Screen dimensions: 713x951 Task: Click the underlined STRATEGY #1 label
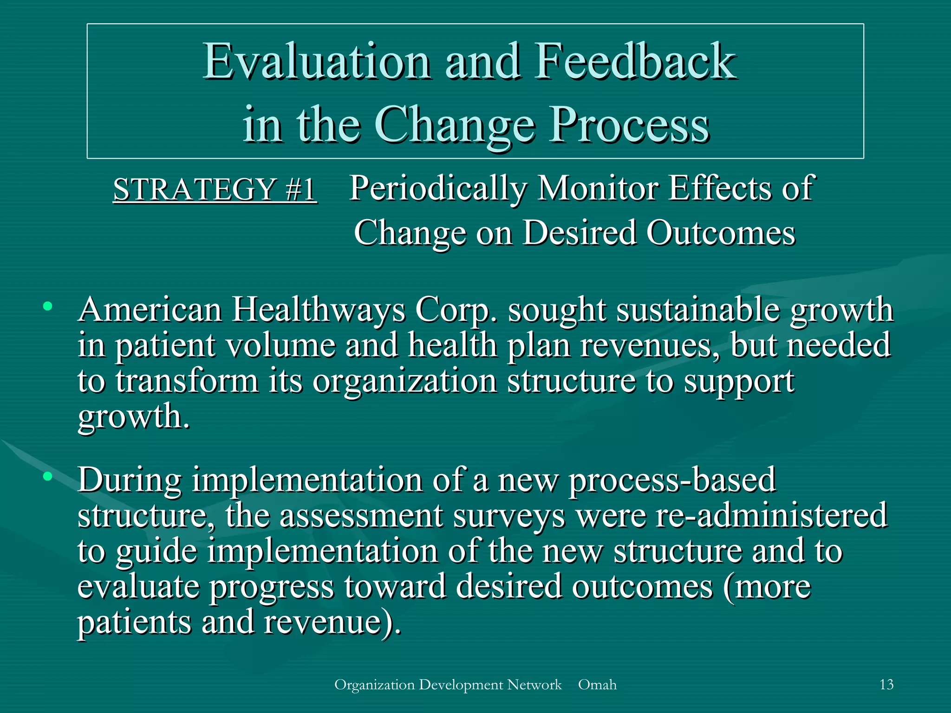click(x=215, y=189)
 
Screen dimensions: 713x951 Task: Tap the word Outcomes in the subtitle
click(x=721, y=232)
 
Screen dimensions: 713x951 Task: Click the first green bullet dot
click(x=47, y=306)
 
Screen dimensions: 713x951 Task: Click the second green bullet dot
click(x=47, y=476)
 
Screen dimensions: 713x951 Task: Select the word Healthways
click(x=319, y=310)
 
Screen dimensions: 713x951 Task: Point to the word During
click(x=130, y=480)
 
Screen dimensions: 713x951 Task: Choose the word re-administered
click(x=771, y=515)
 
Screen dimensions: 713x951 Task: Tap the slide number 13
click(x=886, y=685)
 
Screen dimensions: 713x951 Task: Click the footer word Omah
click(x=597, y=685)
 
